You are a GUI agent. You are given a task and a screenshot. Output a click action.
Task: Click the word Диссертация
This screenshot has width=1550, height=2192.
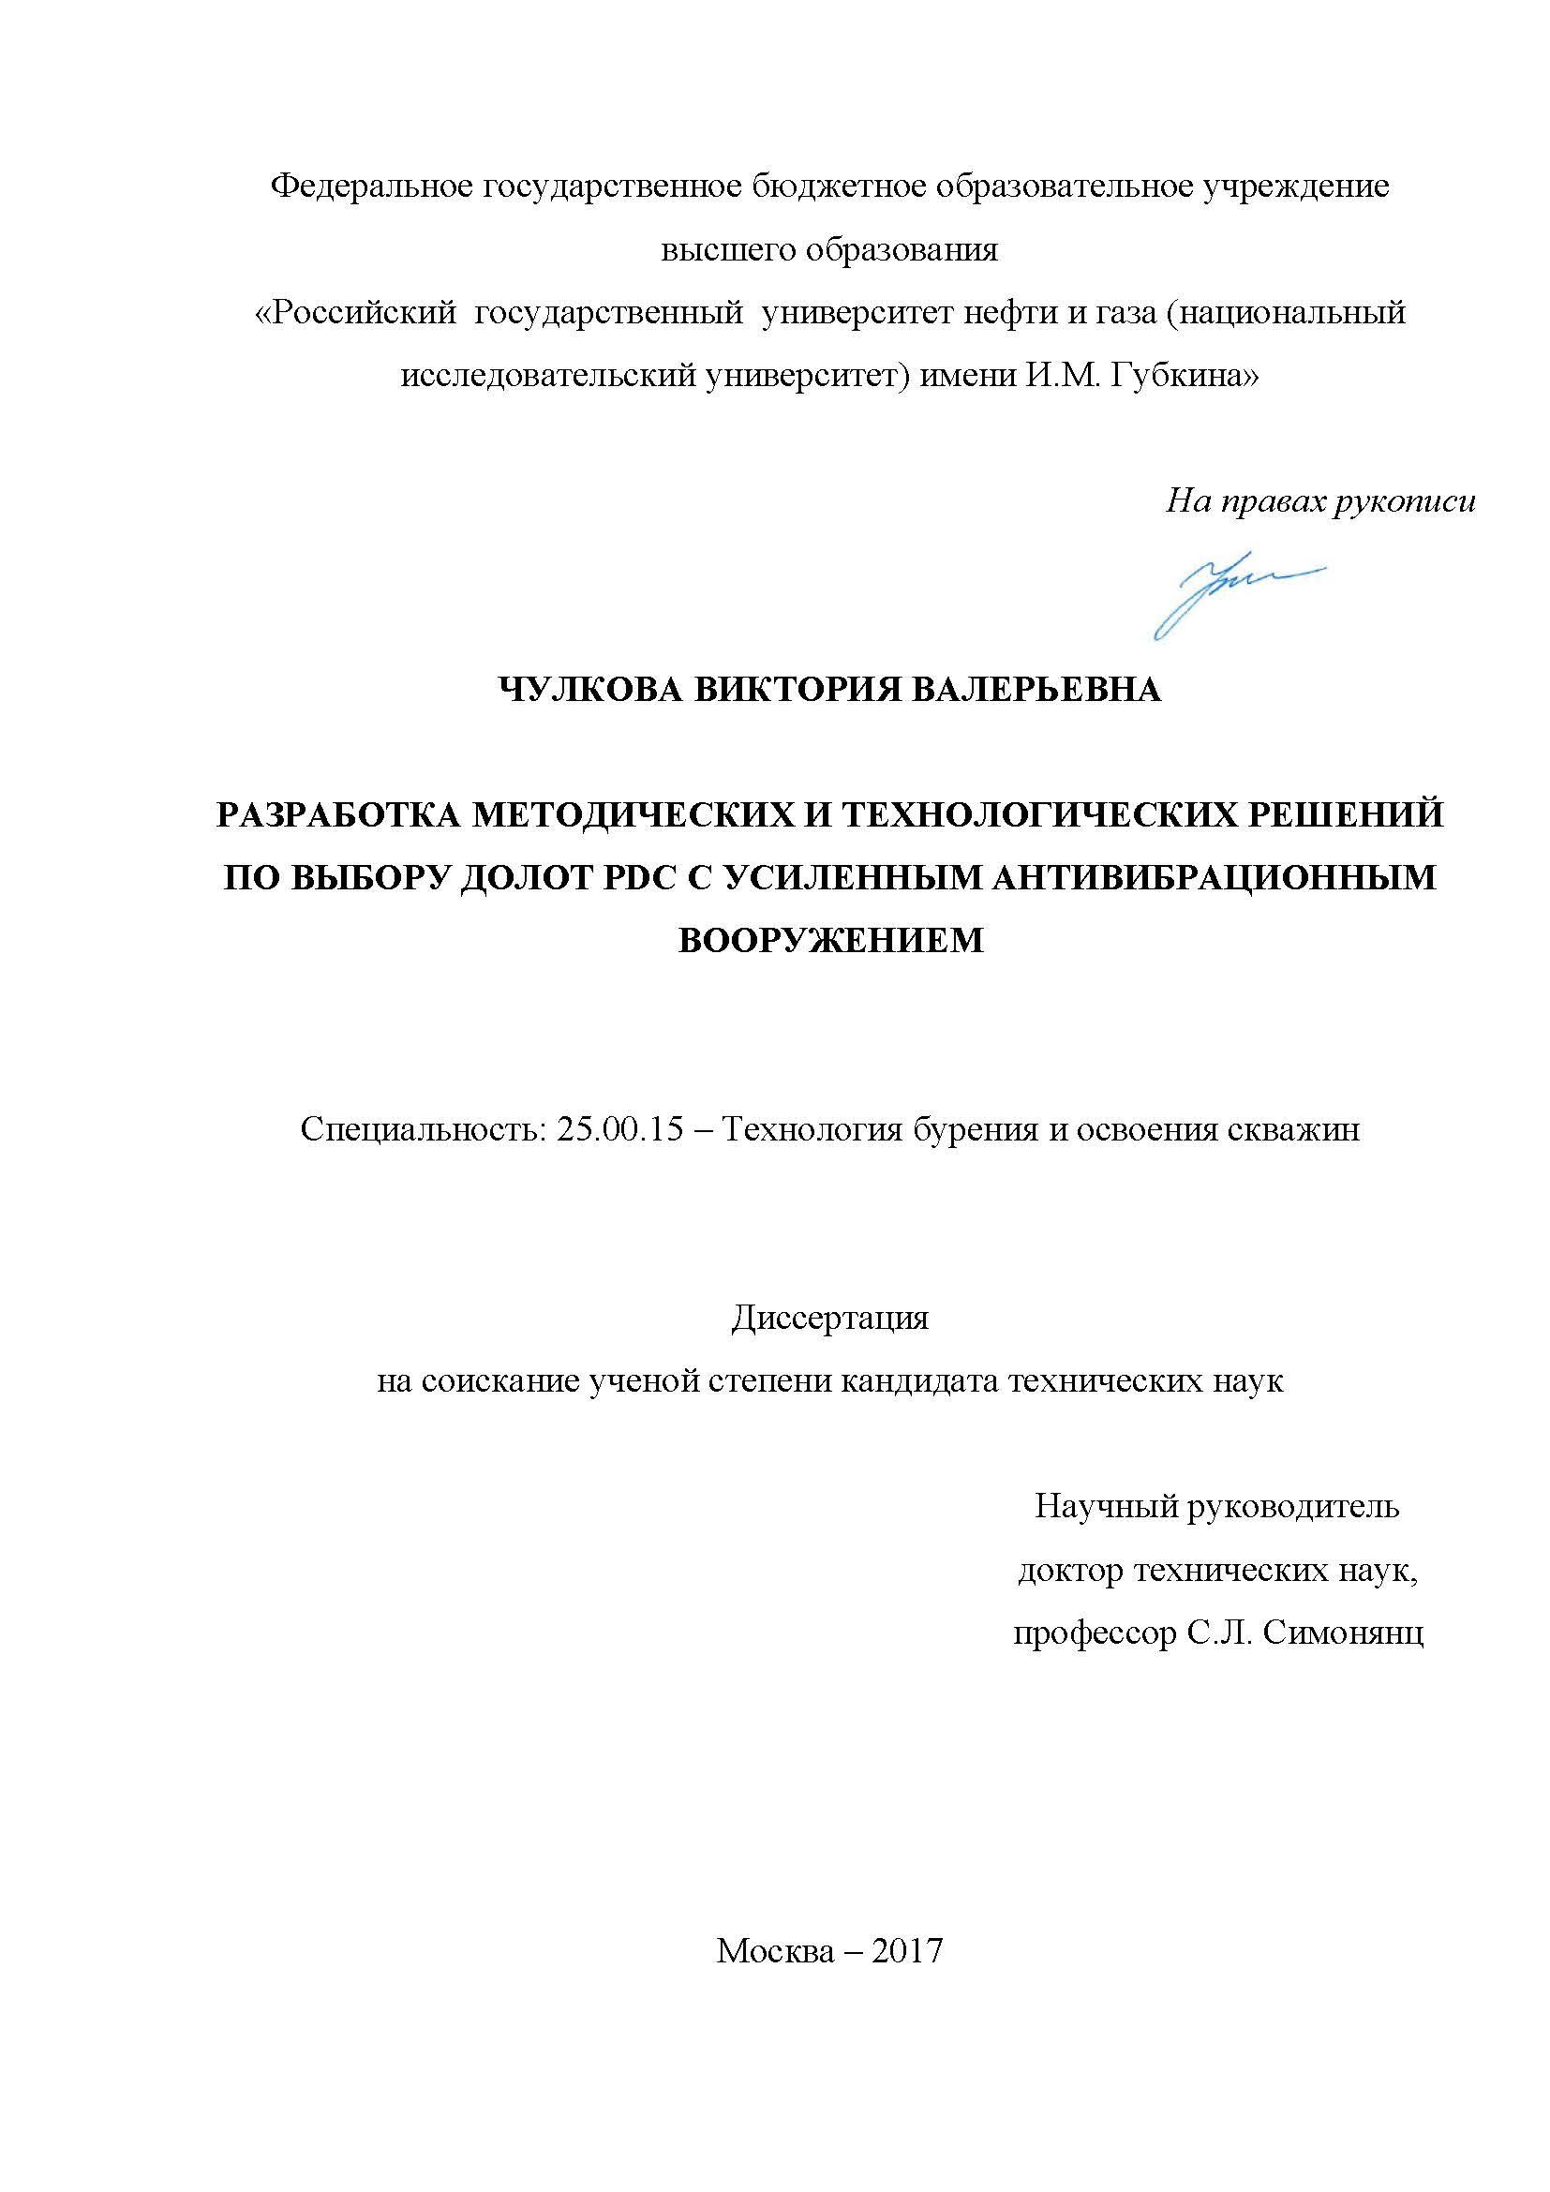tap(829, 1319)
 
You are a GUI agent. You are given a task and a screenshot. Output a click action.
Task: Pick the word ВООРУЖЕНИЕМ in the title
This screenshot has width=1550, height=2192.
tap(830, 939)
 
